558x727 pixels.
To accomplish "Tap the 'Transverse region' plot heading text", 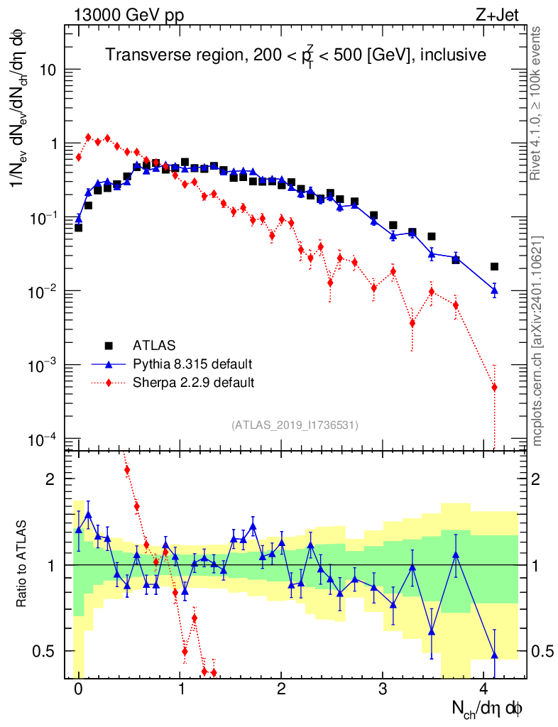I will (296, 55).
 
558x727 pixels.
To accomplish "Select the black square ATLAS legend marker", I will (109, 346).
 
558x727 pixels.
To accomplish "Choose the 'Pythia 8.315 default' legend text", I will (193, 364).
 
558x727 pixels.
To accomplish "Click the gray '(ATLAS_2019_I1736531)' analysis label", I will (295, 425).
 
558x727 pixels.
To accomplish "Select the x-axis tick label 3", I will (383, 689).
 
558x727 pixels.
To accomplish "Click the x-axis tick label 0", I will (78, 689).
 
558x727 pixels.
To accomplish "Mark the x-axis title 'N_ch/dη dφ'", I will (488, 708).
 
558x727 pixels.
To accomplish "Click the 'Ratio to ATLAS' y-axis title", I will (23, 564).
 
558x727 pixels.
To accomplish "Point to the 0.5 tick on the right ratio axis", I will (544, 651).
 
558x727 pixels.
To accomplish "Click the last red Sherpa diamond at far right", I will (494, 387).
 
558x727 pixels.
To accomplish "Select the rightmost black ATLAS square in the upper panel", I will (494, 267).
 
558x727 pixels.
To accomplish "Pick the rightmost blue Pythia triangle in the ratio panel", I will (494, 655).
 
